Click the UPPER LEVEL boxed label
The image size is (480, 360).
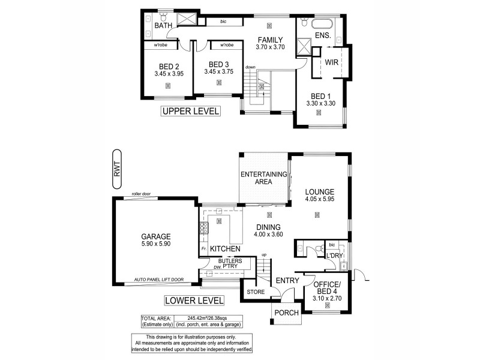(x=190, y=111)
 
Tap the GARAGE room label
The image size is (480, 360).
(x=156, y=236)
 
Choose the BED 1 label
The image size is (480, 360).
(x=321, y=96)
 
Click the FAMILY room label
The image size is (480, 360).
(x=270, y=40)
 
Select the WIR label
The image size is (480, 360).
(x=333, y=62)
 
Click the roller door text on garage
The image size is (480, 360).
(x=141, y=194)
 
